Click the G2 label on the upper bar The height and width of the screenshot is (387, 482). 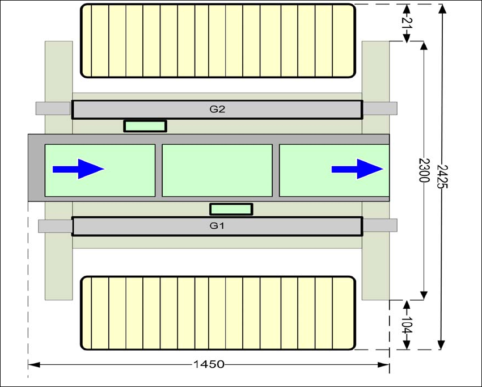coord(217,110)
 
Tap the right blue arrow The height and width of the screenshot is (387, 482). coord(357,169)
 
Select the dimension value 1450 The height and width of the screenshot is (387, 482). coord(209,364)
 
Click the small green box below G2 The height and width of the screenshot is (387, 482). coord(145,126)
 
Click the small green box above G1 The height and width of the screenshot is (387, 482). coord(231,209)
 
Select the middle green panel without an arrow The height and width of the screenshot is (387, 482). coord(217,170)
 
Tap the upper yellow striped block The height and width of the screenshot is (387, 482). coord(218,40)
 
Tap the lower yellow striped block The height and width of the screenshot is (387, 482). coord(218,313)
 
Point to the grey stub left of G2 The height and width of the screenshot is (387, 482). coord(53,108)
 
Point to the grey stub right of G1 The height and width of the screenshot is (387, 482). coord(379,226)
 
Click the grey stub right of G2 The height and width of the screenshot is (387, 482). coord(379,108)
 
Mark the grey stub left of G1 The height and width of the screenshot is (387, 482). coord(55,226)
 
